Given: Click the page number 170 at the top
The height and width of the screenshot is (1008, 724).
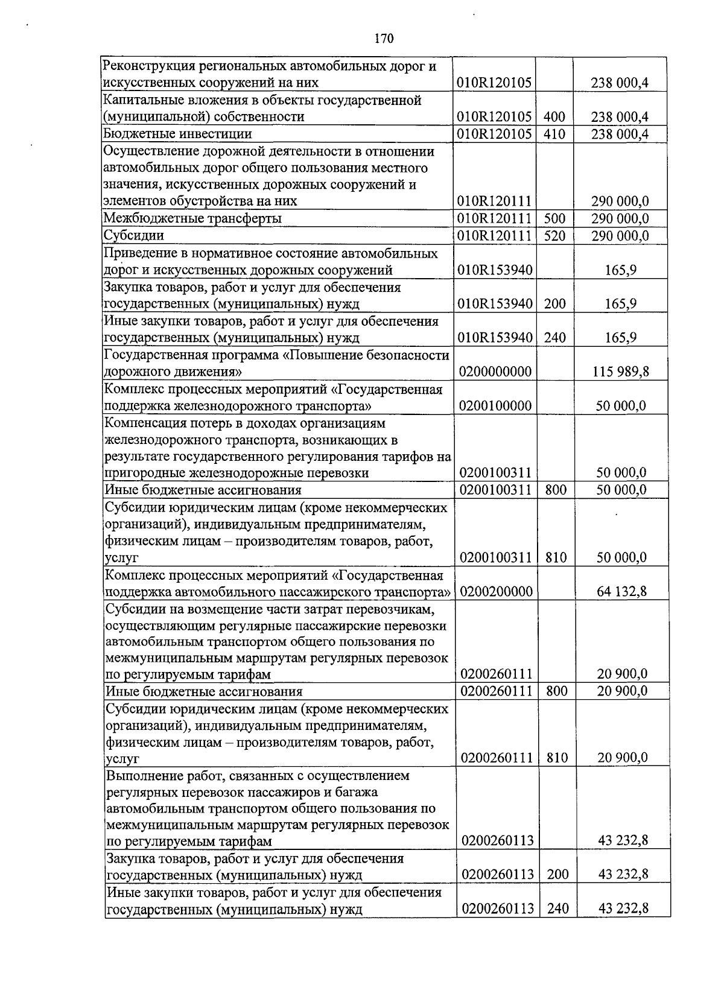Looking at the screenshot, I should (x=384, y=39).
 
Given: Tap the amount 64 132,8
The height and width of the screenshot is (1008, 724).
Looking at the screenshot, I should (x=622, y=591).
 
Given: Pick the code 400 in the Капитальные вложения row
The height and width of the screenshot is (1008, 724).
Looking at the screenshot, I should (x=554, y=117).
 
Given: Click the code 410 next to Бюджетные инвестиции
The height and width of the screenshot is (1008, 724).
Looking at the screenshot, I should (x=554, y=134).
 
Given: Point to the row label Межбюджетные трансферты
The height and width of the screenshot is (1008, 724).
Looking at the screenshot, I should (x=192, y=218).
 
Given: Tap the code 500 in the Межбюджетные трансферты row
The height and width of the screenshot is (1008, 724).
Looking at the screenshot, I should (x=554, y=218).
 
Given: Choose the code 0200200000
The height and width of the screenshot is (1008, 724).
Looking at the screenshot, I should (x=496, y=591).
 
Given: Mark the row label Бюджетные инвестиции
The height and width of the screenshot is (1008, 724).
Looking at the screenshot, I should (x=178, y=134).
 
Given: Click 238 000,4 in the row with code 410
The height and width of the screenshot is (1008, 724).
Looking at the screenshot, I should (x=620, y=134).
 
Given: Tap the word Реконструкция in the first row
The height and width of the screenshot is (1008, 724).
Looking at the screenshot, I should (x=144, y=66).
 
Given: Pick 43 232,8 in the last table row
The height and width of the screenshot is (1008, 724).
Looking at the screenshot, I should (x=623, y=908).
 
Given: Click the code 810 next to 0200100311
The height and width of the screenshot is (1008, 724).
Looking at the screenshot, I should (x=556, y=557).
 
